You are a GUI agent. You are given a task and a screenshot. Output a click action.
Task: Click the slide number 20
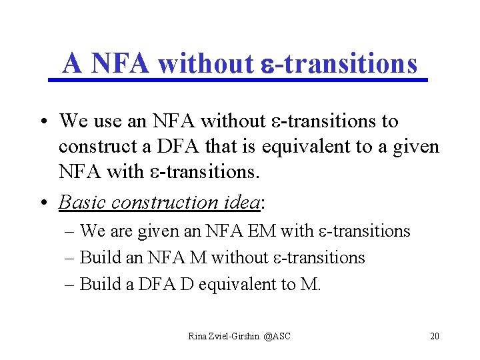pyautogui.click(x=435, y=336)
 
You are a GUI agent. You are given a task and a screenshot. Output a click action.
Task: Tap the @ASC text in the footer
pyautogui.click(x=277, y=336)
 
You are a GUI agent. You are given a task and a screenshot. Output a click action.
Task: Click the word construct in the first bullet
pyautogui.click(x=93, y=146)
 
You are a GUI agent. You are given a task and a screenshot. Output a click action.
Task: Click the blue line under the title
pyautogui.click(x=238, y=81)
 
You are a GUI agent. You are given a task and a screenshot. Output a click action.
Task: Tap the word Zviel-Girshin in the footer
pyautogui.click(x=234, y=336)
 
